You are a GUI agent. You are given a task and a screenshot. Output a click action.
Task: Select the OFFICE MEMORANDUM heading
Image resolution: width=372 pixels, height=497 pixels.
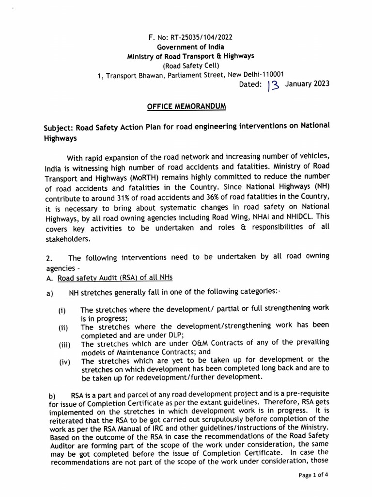(x=187, y=106)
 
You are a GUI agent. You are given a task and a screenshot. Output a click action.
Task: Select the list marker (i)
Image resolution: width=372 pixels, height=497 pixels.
(x=63, y=310)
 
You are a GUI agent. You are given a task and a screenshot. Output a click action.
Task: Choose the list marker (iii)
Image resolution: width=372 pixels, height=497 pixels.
(x=64, y=345)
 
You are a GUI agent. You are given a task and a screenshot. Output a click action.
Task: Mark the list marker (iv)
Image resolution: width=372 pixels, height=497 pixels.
(x=64, y=362)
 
